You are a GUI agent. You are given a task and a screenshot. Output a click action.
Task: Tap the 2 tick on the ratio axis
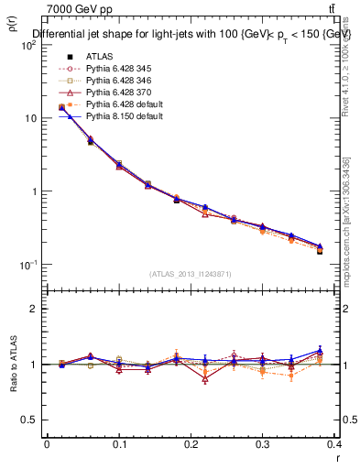[x=38, y=309]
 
